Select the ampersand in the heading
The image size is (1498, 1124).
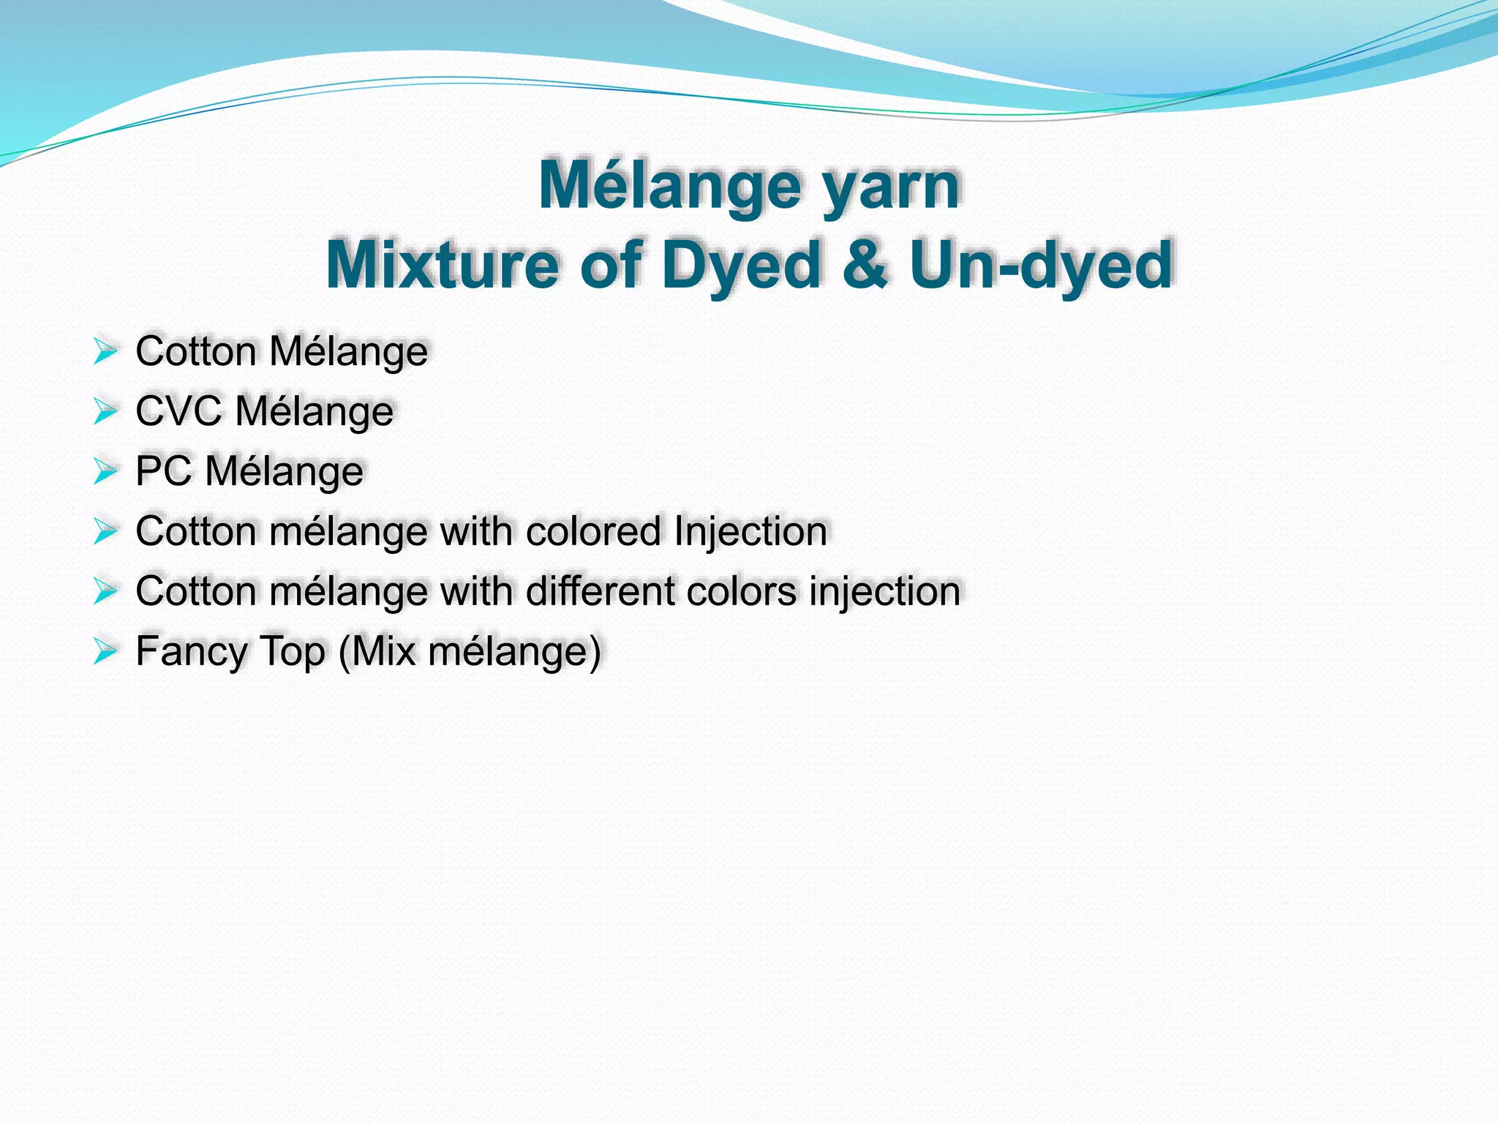click(865, 264)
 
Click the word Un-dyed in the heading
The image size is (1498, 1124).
click(1041, 264)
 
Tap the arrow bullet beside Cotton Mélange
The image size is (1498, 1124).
click(105, 351)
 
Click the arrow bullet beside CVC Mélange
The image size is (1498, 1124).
click(105, 411)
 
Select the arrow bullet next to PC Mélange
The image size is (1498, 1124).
click(105, 471)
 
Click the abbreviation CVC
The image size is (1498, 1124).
click(178, 411)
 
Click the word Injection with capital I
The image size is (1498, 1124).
click(750, 532)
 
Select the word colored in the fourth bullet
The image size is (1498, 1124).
click(593, 531)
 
